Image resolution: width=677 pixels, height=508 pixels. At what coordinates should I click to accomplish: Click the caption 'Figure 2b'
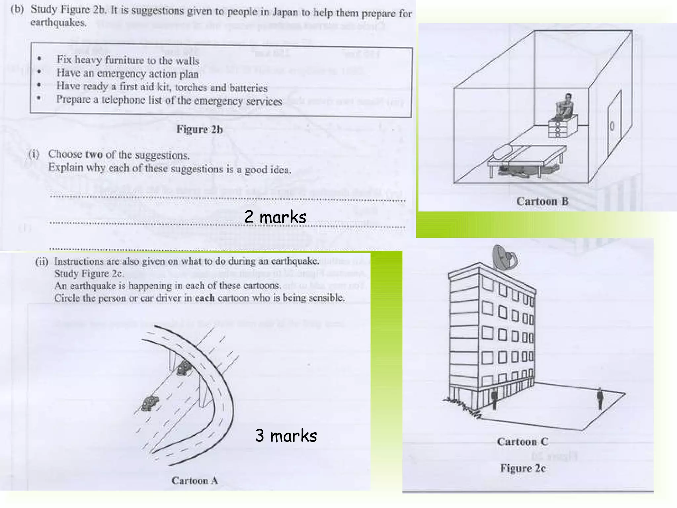pos(199,129)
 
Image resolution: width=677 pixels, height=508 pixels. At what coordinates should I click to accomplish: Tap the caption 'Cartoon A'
pos(195,480)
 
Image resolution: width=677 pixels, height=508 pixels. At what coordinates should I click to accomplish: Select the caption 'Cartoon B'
pos(542,201)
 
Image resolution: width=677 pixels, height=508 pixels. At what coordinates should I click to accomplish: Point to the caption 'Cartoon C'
pos(522,442)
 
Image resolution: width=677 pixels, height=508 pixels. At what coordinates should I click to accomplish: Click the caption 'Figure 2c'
pos(523,468)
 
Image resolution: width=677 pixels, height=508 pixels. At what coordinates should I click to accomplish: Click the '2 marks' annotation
pos(275,217)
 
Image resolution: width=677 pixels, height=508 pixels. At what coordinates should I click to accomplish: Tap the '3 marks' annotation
pos(286,436)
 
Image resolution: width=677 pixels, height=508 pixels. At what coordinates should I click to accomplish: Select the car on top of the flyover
pos(184,368)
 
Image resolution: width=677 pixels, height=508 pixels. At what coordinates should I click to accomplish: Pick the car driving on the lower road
pos(150,402)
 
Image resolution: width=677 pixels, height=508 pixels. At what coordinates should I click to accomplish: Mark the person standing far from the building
pos(600,399)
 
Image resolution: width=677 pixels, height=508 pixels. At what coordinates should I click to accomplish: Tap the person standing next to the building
pos(494,399)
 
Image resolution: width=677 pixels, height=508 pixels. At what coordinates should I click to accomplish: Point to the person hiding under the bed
pos(526,170)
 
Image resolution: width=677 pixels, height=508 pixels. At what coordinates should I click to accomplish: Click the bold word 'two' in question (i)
pos(94,154)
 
